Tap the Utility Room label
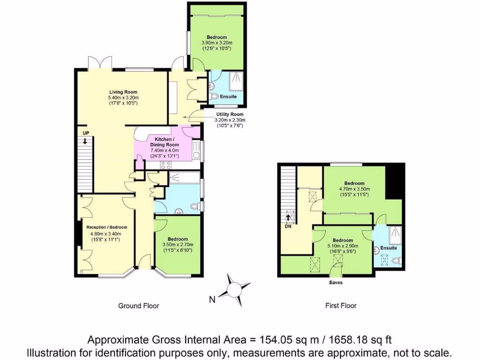coord(230,114)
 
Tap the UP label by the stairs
coord(86,133)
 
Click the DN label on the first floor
coord(288,226)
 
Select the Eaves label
coord(336,283)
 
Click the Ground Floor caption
coord(138,306)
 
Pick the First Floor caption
coord(341,306)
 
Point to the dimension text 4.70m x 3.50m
coord(354,189)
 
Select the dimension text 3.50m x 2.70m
coord(178,244)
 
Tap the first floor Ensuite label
coord(389,247)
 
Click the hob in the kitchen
coord(166,165)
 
